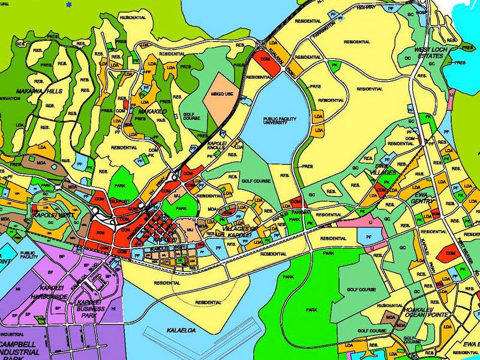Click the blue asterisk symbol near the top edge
(69, 5)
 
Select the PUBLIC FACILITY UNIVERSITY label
(279, 122)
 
